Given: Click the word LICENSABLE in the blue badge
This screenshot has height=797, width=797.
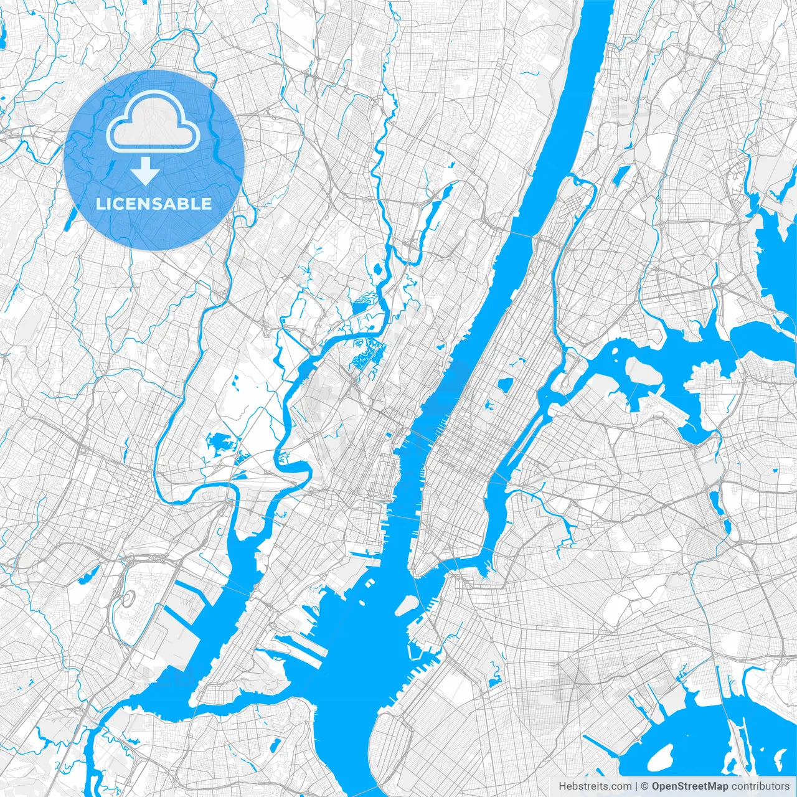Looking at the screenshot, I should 153,204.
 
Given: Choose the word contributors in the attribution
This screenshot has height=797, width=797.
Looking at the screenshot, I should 760,786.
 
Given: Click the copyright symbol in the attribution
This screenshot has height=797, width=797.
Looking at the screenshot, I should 645,786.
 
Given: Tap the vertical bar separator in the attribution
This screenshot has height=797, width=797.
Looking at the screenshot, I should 635,786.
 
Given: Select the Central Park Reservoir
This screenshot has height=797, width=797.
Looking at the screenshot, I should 505,384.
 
